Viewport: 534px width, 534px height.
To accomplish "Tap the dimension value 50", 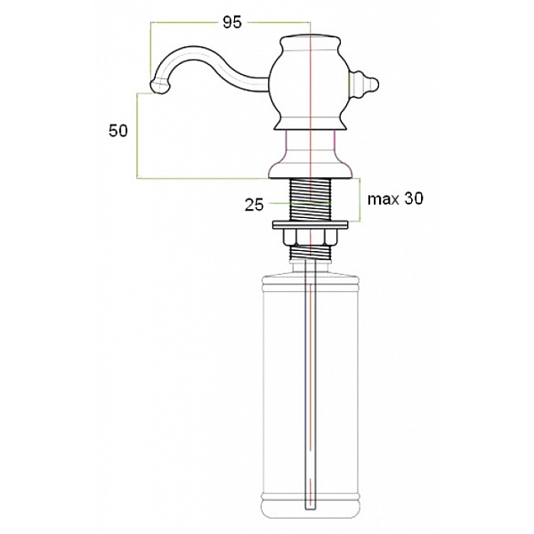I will click(x=117, y=130).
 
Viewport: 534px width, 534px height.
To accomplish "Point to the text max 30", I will click(x=394, y=199).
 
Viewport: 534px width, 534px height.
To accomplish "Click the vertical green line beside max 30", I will click(x=358, y=200).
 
